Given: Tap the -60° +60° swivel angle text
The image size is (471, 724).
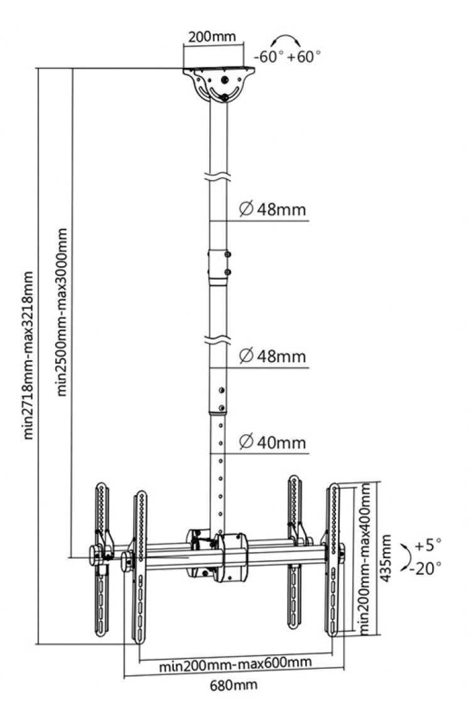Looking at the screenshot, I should (287, 56).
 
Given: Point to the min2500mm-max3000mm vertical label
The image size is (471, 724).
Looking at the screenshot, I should (63, 311).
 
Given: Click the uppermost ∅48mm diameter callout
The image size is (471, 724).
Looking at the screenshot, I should (272, 209).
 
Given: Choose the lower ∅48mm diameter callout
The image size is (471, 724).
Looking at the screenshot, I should (272, 356).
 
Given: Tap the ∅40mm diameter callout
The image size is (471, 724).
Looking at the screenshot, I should (272, 443).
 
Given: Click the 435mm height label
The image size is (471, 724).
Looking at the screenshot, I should (387, 558).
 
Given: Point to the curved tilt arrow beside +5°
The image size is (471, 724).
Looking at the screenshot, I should (408, 555).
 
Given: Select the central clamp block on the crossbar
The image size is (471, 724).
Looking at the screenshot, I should (230, 556).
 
